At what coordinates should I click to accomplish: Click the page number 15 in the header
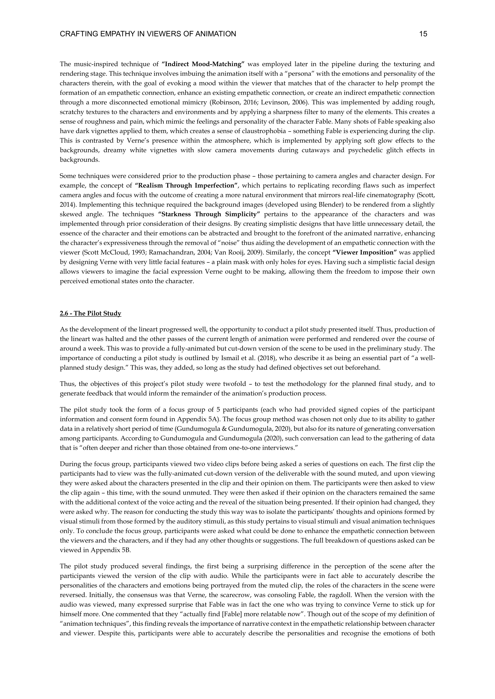423,34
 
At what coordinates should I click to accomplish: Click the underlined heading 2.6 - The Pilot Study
90,313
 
